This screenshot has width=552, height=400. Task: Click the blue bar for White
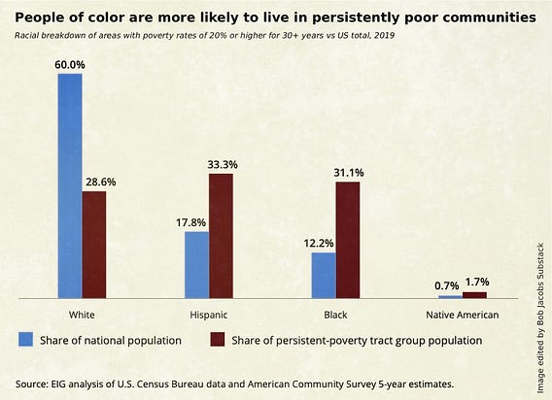(70, 186)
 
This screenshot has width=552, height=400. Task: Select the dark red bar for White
(94, 245)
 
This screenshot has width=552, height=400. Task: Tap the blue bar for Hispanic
(196, 265)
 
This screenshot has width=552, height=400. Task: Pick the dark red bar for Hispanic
(221, 236)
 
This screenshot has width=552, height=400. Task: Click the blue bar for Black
(324, 276)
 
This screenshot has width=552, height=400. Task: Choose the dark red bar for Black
(348, 240)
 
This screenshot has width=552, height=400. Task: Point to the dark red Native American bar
(474, 295)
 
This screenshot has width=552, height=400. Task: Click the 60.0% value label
(70, 65)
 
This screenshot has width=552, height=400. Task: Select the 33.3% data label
(223, 165)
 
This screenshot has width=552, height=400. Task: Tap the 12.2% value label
(319, 243)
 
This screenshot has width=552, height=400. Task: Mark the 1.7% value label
(477, 283)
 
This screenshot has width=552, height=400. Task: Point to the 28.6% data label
(101, 182)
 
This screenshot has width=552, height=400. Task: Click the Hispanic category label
(209, 315)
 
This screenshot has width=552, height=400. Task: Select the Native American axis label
(463, 315)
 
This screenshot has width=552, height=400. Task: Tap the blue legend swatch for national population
(25, 340)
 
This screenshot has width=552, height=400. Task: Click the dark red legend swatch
(218, 340)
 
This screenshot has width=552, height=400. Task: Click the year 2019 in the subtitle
(385, 36)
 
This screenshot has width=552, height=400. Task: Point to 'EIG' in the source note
(58, 383)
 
